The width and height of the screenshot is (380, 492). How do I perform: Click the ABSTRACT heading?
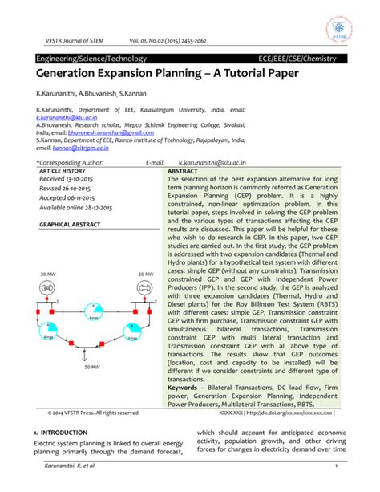[x=184, y=170]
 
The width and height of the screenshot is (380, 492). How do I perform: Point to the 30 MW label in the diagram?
[x=49, y=274]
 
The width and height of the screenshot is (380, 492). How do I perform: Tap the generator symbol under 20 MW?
[x=145, y=288]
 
